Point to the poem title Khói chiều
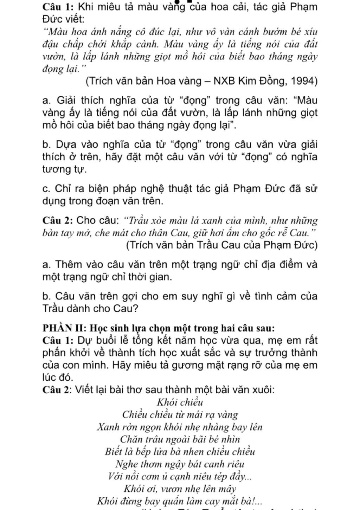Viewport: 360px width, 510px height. pos(180,402)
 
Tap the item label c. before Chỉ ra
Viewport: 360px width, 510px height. pos(46,189)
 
